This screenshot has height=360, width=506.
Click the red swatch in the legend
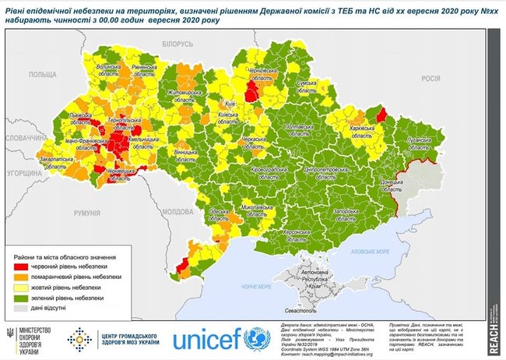[x=23, y=266]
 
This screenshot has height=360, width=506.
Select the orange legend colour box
[x=23, y=277]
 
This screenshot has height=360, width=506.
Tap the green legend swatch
[x=23, y=298]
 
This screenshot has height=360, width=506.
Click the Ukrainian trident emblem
[x=9, y=334]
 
